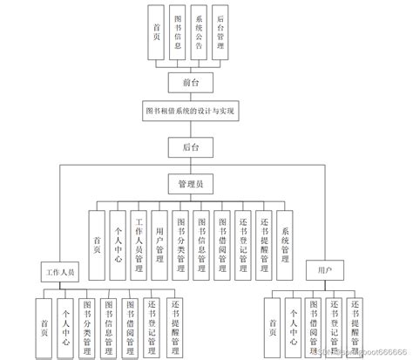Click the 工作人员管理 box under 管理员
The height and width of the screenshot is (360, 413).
pyautogui.click(x=138, y=234)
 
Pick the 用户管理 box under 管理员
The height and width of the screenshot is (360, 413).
pyautogui.click(x=159, y=234)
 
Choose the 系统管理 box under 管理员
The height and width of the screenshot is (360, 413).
pyautogui.click(x=285, y=234)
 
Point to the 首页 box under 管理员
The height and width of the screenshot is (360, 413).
pyautogui.click(x=96, y=234)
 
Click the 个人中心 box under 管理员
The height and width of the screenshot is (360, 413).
pyautogui.click(x=117, y=234)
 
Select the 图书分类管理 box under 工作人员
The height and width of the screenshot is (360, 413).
pyautogui.click(x=86, y=322)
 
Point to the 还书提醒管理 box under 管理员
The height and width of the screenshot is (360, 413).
pyautogui.click(x=264, y=234)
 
